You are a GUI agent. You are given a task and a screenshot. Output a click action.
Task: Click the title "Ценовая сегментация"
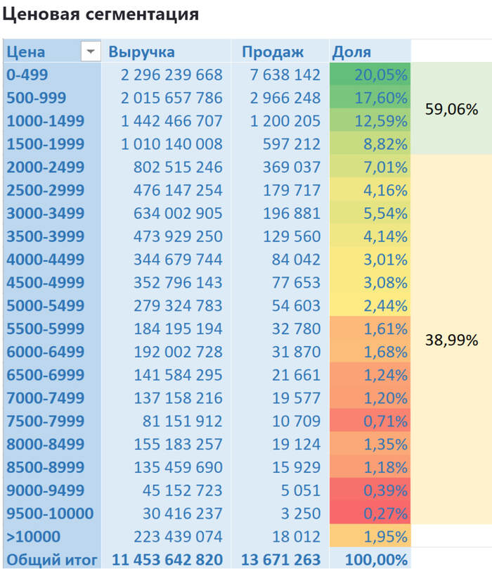point(100,14)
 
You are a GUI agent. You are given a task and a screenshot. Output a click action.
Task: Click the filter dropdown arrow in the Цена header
point(91,52)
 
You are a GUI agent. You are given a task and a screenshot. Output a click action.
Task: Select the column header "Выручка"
point(142,52)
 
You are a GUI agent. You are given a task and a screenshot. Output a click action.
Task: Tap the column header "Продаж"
point(273,52)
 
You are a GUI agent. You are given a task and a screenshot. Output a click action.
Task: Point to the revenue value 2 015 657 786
point(171,98)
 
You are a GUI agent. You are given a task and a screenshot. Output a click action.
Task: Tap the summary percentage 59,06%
point(452,109)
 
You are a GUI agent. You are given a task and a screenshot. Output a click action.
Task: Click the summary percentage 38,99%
point(452,341)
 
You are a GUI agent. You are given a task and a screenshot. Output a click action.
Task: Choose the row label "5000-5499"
point(46,306)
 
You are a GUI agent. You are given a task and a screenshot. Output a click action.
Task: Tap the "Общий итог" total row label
point(51,560)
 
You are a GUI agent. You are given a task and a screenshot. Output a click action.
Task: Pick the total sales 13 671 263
point(280,560)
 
